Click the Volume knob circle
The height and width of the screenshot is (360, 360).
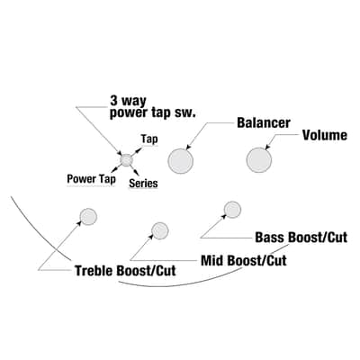(259, 160)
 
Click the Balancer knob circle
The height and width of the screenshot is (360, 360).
(180, 161)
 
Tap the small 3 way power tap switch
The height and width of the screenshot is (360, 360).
(126, 160)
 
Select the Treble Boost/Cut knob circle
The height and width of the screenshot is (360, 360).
(88, 216)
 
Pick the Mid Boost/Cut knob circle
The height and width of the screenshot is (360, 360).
(160, 230)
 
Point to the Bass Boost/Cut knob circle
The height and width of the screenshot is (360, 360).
(232, 210)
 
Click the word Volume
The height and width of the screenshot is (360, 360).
(325, 135)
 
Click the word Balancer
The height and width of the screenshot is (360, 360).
(264, 122)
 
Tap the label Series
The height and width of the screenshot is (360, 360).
(143, 184)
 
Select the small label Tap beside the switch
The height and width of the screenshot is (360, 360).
(149, 139)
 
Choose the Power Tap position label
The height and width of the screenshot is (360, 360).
(91, 179)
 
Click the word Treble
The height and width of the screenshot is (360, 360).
(94, 271)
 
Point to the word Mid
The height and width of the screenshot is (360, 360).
(212, 260)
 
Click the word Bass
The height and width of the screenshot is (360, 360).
(269, 238)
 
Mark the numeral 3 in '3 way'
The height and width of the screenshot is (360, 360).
(114, 101)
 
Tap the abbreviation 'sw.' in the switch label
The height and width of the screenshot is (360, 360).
(188, 113)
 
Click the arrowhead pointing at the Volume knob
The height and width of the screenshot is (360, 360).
(267, 147)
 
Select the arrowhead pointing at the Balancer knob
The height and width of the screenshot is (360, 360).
(188, 147)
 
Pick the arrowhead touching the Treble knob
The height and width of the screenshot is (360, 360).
(79, 223)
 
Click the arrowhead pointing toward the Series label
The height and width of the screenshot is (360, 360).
(137, 173)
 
